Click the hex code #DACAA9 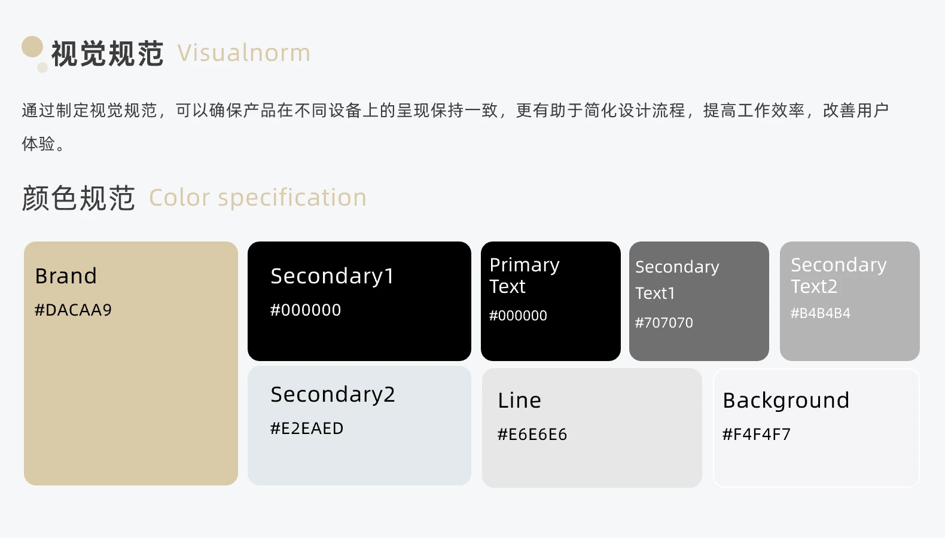[x=73, y=310]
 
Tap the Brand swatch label [x=66, y=276]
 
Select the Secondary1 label [x=332, y=277]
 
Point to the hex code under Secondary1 [x=306, y=310]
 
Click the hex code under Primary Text [x=518, y=316]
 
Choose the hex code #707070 [x=664, y=323]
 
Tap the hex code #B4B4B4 [x=820, y=313]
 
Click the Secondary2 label [x=333, y=395]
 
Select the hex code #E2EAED [x=307, y=429]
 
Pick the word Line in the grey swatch [x=519, y=401]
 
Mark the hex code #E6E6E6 [x=532, y=434]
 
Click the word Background [x=786, y=401]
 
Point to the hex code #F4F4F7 [x=757, y=434]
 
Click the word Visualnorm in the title [x=244, y=53]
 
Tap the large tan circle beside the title [x=32, y=47]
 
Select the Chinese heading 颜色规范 [x=78, y=198]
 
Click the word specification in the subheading [x=292, y=198]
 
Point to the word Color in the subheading [x=179, y=198]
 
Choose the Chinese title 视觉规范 [x=107, y=54]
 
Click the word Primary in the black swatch [x=525, y=265]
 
